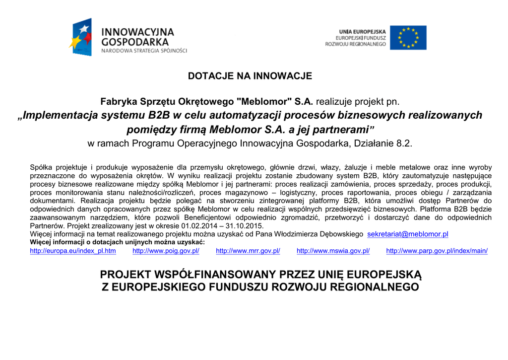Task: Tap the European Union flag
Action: click(408, 38)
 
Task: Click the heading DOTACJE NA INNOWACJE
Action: click(250, 76)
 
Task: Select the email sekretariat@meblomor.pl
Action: click(407, 234)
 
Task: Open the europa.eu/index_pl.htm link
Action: click(73, 251)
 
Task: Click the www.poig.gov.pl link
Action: click(166, 251)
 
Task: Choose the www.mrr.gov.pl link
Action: click(248, 251)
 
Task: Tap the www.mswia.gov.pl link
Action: click(333, 251)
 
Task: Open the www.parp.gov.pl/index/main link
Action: click(437, 251)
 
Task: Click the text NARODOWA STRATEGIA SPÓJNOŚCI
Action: click(144, 51)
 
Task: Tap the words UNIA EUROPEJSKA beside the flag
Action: click(362, 31)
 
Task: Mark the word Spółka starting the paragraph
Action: click(41, 167)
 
